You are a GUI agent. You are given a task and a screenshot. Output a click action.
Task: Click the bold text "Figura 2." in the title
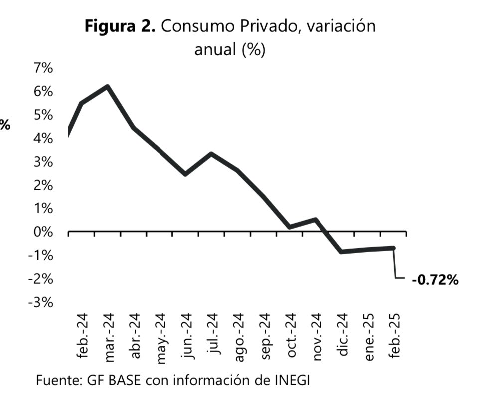pyautogui.click(x=120, y=26)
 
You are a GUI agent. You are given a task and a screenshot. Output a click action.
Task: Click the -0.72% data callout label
pyautogui.click(x=435, y=280)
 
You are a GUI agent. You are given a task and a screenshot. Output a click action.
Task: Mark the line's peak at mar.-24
pyautogui.click(x=107, y=87)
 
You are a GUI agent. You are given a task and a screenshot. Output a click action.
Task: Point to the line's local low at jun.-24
pyautogui.click(x=185, y=174)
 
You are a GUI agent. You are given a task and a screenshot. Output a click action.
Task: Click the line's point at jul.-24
pyautogui.click(x=211, y=154)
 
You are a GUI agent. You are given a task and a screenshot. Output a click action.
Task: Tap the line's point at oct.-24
pyautogui.click(x=290, y=227)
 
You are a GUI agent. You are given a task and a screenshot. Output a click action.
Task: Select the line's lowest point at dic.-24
pyautogui.click(x=342, y=251)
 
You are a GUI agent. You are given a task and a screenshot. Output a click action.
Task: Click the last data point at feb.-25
pyautogui.click(x=394, y=248)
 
